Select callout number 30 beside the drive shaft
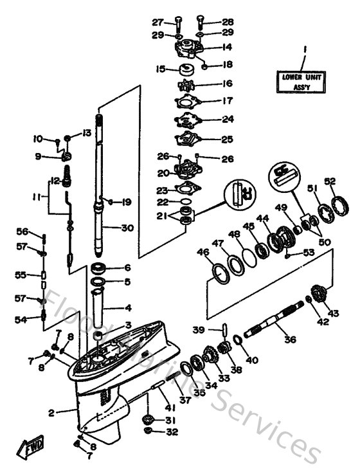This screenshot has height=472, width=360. coord(127,228)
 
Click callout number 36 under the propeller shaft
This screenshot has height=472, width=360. coord(290,339)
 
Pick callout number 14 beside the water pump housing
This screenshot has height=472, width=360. coord(209,47)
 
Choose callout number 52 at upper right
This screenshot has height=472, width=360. coord(330,182)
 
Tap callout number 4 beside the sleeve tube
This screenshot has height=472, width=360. coord(127,307)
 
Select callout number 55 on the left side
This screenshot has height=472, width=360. coord(22,275)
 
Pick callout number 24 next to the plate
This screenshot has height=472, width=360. coord(209,119)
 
